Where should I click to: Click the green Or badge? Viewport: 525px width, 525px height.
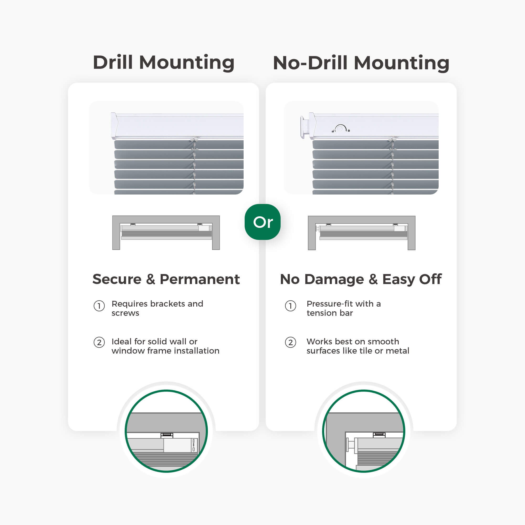[x=262, y=222]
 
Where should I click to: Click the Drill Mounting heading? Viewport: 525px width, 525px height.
[x=164, y=63]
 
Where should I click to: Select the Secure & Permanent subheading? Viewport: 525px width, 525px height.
[x=166, y=279]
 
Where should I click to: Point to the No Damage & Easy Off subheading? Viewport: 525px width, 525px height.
[x=361, y=279]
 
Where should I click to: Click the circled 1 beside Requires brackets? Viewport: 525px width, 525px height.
[x=99, y=306]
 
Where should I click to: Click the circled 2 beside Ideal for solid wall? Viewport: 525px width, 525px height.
[x=99, y=342]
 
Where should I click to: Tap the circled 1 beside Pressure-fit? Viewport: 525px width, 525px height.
[x=291, y=306]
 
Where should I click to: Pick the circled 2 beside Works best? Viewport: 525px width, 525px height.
[x=291, y=342]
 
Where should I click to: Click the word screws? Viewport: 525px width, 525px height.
[x=125, y=313]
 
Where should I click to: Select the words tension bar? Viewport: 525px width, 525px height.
[x=330, y=313]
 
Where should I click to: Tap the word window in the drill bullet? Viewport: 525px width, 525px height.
[x=128, y=350]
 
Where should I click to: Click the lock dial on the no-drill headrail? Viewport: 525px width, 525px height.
[x=340, y=128]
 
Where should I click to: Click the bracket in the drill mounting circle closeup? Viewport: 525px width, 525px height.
[x=167, y=435]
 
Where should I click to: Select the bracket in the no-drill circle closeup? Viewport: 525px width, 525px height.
[x=379, y=435]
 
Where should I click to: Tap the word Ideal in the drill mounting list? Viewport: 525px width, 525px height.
[x=122, y=341]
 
